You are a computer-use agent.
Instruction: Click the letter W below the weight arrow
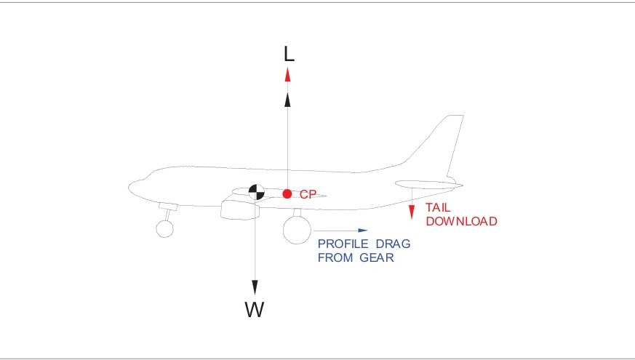pos(254,310)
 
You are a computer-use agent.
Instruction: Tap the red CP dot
pos(287,194)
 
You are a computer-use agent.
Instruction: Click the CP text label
pos(308,195)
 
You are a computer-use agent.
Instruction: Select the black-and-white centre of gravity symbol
pos(255,192)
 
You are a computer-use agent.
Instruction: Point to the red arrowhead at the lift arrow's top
pos(287,74)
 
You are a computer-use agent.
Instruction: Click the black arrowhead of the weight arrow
pos(255,286)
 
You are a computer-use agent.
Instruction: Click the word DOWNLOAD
pos(461,221)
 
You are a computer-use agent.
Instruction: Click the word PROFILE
pos(340,244)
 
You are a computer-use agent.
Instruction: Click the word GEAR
pos(376,257)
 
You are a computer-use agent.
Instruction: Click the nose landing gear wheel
pos(164,228)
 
